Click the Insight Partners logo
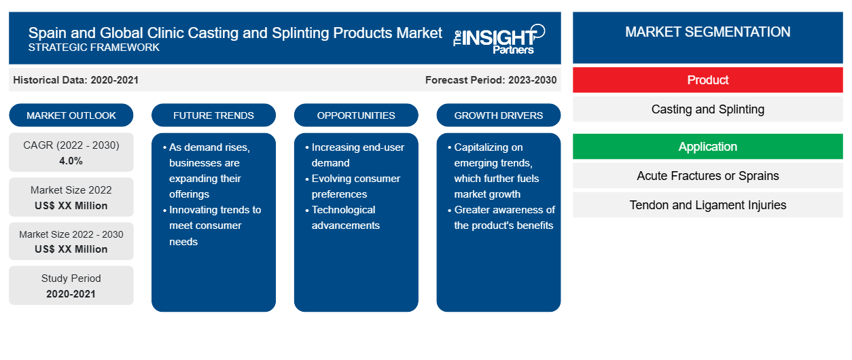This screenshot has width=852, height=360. click(x=499, y=39)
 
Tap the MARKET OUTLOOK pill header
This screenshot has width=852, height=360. click(x=71, y=115)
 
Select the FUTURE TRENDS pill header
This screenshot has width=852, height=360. click(x=213, y=115)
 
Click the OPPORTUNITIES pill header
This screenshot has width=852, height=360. click(x=356, y=115)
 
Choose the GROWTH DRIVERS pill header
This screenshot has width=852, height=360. click(x=498, y=115)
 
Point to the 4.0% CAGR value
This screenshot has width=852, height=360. click(x=71, y=161)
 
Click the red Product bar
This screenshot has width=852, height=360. click(x=707, y=80)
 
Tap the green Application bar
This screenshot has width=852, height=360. click(x=707, y=146)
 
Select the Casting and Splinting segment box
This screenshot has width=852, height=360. click(x=707, y=109)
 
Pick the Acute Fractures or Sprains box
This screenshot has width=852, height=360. click(x=707, y=176)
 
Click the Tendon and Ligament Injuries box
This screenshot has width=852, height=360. click(x=707, y=205)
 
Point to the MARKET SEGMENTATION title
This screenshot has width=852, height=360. click(x=707, y=32)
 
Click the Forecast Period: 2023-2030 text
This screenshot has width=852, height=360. click(x=491, y=80)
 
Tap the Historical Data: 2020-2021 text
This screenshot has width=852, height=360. click(x=75, y=80)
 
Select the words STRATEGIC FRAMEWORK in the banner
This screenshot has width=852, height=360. click(x=94, y=48)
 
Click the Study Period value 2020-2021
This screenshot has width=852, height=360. click(x=71, y=294)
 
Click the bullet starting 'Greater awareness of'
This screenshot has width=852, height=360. click(x=501, y=217)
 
